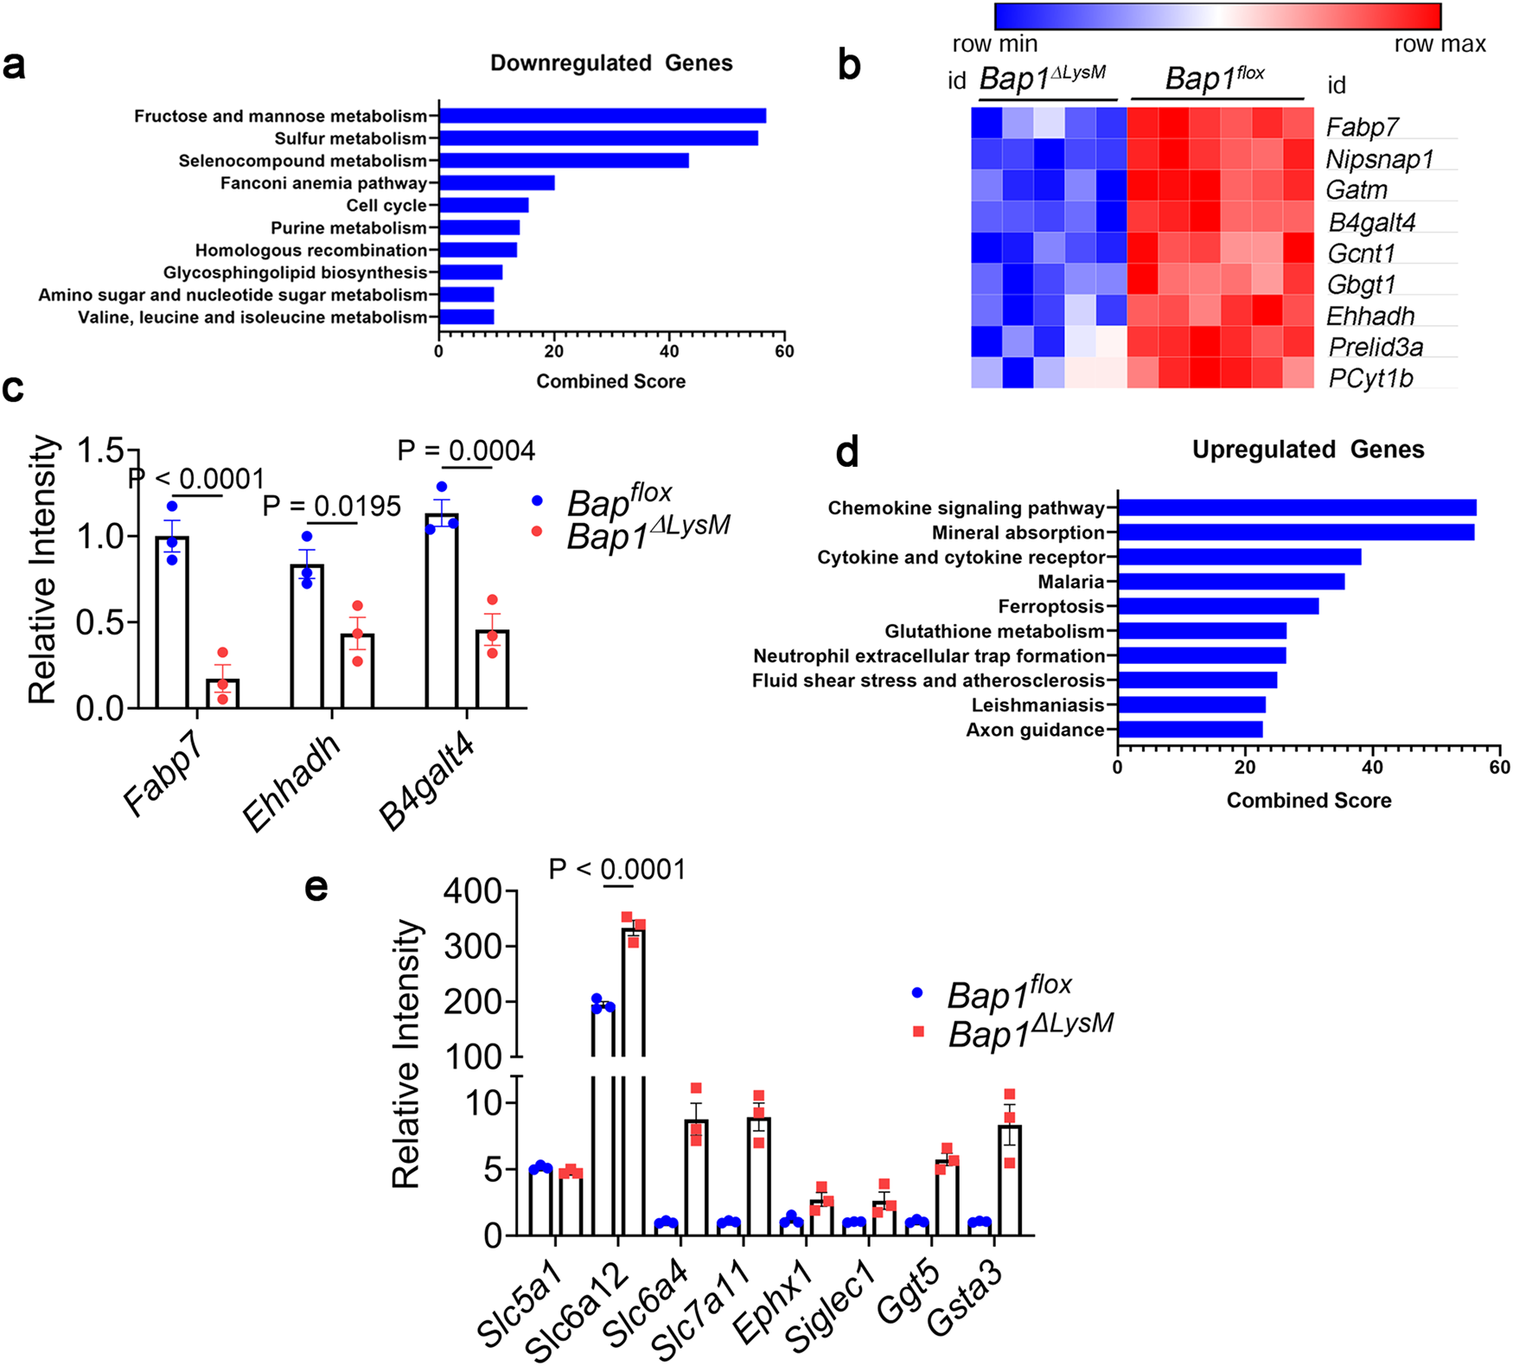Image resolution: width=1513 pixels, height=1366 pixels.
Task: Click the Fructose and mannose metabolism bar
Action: point(602,116)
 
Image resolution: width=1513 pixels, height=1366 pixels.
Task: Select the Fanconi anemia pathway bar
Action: point(496,183)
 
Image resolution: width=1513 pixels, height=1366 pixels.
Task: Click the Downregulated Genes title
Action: point(611,63)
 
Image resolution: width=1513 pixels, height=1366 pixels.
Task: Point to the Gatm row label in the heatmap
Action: point(1357,190)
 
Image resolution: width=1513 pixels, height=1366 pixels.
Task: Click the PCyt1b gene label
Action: point(1370,378)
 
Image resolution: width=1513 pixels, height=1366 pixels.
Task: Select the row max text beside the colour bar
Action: point(1440,44)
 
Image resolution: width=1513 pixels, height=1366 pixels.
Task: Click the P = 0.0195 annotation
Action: point(332,507)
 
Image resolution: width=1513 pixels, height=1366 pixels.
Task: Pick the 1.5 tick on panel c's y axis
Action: point(102,450)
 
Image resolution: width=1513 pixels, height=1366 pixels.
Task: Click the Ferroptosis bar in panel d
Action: point(1217,606)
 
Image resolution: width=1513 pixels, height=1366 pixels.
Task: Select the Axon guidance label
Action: point(1035,731)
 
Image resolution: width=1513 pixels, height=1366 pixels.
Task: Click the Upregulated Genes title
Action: point(1308,450)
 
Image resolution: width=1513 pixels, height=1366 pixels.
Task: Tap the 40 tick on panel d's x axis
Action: point(1372,768)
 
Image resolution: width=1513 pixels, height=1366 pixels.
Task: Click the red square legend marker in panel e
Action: point(918,1031)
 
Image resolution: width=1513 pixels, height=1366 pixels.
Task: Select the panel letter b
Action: point(849,66)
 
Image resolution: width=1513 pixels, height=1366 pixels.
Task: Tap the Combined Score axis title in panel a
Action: point(610,381)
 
